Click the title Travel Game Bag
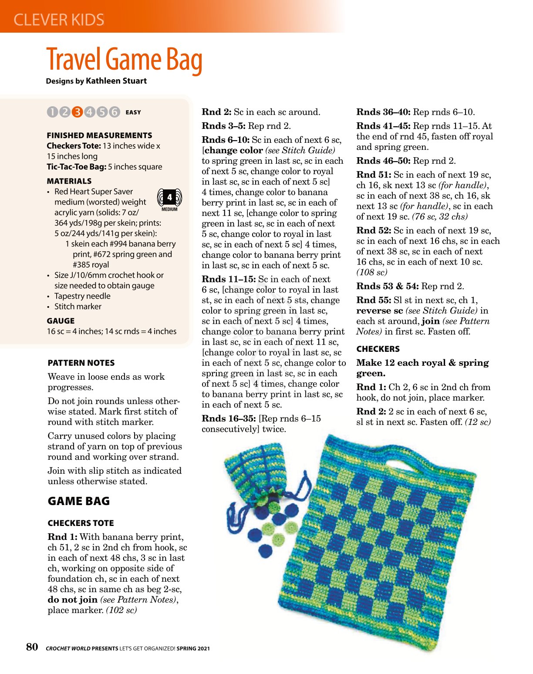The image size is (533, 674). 124,60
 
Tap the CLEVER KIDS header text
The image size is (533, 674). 59,20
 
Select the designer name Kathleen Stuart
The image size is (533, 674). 116,81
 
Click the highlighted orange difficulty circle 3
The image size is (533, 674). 77,112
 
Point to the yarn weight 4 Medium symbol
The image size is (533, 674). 169,199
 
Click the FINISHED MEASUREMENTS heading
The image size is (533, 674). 99,135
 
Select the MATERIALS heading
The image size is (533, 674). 69,181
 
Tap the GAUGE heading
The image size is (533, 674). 61,321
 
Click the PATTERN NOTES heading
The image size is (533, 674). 81,363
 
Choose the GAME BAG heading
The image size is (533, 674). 78,501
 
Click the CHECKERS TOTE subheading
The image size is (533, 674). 81,523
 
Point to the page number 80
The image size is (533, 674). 32,647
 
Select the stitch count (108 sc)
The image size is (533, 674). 371,273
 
